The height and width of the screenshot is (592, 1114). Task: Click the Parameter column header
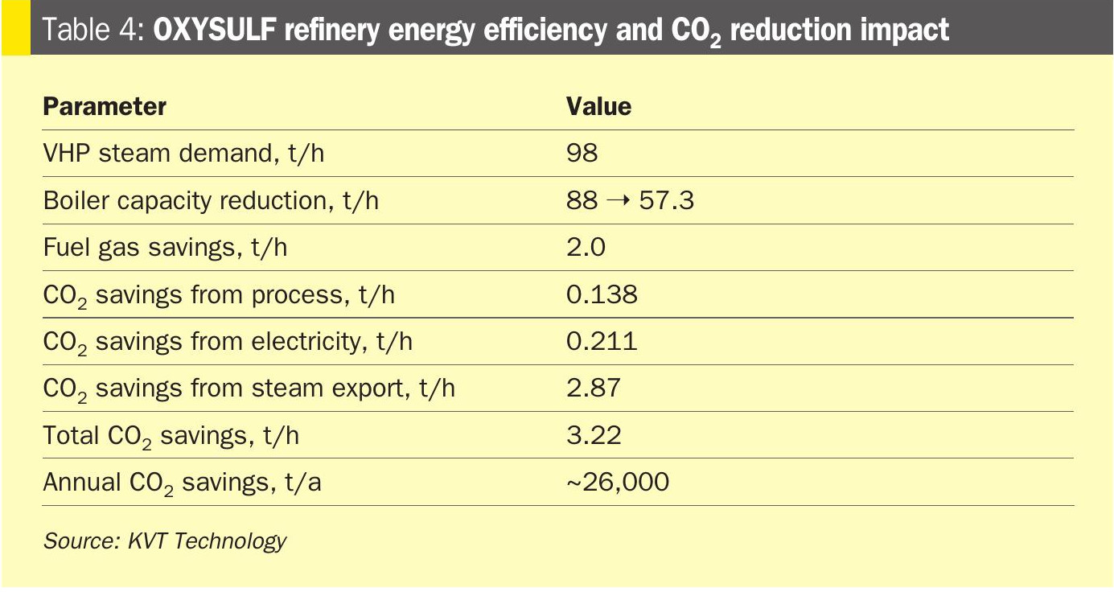(x=105, y=106)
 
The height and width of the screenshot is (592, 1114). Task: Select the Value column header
(x=598, y=106)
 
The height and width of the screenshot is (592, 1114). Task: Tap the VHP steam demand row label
(x=183, y=153)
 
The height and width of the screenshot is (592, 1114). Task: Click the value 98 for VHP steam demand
(x=582, y=152)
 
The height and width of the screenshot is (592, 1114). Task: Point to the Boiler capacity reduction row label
(x=211, y=200)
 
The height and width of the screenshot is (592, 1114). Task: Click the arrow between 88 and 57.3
(x=619, y=201)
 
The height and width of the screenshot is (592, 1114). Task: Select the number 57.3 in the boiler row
(x=667, y=200)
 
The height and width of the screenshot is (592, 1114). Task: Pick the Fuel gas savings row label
(x=165, y=247)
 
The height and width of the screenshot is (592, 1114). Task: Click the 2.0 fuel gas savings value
(x=586, y=247)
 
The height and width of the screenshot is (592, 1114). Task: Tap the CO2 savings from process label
(x=219, y=295)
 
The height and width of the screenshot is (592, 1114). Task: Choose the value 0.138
(x=602, y=294)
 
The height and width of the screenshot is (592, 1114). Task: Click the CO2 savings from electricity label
(x=228, y=343)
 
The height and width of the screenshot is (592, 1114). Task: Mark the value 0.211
(x=602, y=341)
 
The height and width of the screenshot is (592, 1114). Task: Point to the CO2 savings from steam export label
(x=249, y=388)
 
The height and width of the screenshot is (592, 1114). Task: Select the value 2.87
(x=594, y=388)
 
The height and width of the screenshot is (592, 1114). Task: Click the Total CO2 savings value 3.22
(x=594, y=435)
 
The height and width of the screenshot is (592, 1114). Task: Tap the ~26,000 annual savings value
(x=618, y=482)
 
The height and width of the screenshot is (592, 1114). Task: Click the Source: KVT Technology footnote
(x=165, y=541)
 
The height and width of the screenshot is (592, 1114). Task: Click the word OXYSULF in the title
(x=214, y=29)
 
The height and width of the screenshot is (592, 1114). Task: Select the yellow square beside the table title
(x=16, y=27)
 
